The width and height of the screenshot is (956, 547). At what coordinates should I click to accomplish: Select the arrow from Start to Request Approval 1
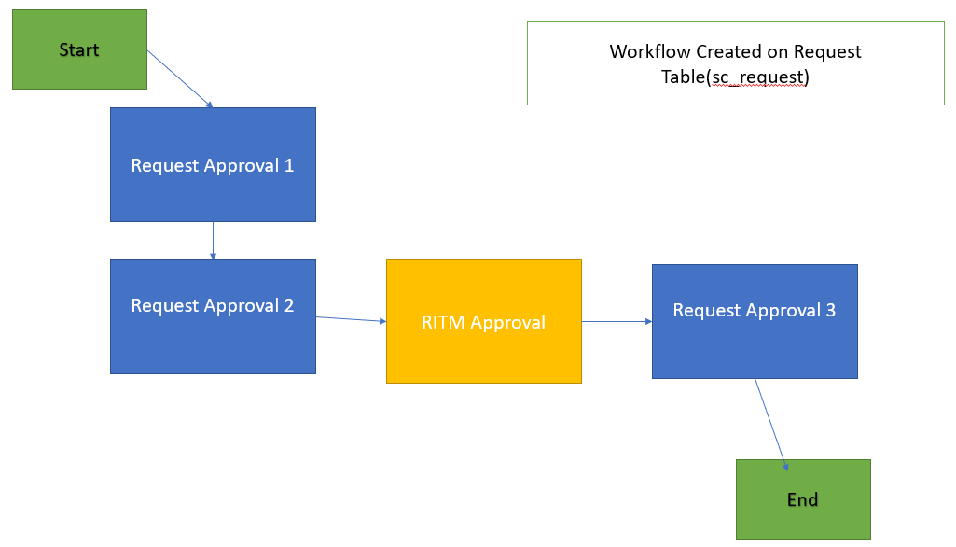coord(180,78)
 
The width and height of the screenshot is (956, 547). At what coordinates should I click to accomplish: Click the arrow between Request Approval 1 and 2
coord(214,240)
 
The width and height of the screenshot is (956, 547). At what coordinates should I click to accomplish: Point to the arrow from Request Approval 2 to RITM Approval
coord(351,319)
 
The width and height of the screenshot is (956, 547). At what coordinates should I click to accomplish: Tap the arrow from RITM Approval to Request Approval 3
coord(617,321)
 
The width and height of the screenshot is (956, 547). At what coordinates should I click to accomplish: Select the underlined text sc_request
coord(757,77)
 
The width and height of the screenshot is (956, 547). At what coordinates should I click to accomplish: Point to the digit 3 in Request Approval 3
coord(830,311)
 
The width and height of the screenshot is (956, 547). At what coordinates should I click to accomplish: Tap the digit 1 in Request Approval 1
coord(289,166)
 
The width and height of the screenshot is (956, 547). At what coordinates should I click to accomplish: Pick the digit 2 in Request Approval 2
coord(289,306)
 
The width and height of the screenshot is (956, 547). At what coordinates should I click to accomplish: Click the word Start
coord(79,49)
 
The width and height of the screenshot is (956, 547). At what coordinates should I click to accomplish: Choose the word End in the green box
coord(802,499)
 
